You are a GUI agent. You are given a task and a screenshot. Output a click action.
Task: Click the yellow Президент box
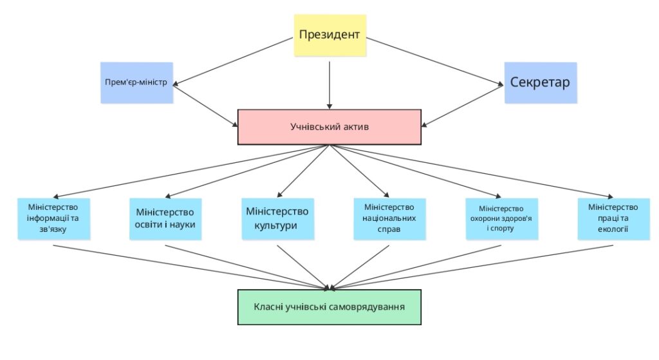(329, 35)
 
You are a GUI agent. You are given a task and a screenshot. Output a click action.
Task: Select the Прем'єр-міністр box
(136, 82)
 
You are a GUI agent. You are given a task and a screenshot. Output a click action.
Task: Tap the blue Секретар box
(540, 82)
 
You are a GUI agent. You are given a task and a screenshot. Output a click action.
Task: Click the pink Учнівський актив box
(329, 127)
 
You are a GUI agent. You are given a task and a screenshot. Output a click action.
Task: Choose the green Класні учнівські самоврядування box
(329, 307)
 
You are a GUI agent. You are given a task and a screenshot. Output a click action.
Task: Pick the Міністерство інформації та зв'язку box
(53, 218)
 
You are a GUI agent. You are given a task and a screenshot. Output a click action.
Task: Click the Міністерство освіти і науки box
(165, 219)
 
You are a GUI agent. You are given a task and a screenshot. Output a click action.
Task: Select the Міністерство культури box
(277, 218)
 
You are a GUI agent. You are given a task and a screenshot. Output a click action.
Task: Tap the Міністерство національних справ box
(389, 218)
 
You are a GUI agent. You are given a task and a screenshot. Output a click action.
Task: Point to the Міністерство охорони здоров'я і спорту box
(501, 218)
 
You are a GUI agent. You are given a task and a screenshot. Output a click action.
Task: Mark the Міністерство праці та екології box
(613, 218)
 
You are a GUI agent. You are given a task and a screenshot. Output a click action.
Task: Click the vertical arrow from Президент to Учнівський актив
(329, 84)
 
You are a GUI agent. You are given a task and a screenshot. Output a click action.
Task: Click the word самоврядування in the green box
(369, 307)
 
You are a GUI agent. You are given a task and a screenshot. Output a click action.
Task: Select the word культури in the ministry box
(277, 225)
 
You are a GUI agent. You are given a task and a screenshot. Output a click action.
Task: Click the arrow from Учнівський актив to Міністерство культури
(304, 170)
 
